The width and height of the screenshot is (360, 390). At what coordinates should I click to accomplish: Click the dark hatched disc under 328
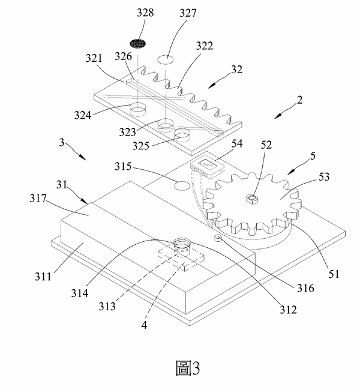coord(139,44)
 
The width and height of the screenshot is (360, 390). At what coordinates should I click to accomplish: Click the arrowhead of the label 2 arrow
coord(273,118)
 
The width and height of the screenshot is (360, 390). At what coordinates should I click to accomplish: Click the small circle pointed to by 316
coord(218,238)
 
